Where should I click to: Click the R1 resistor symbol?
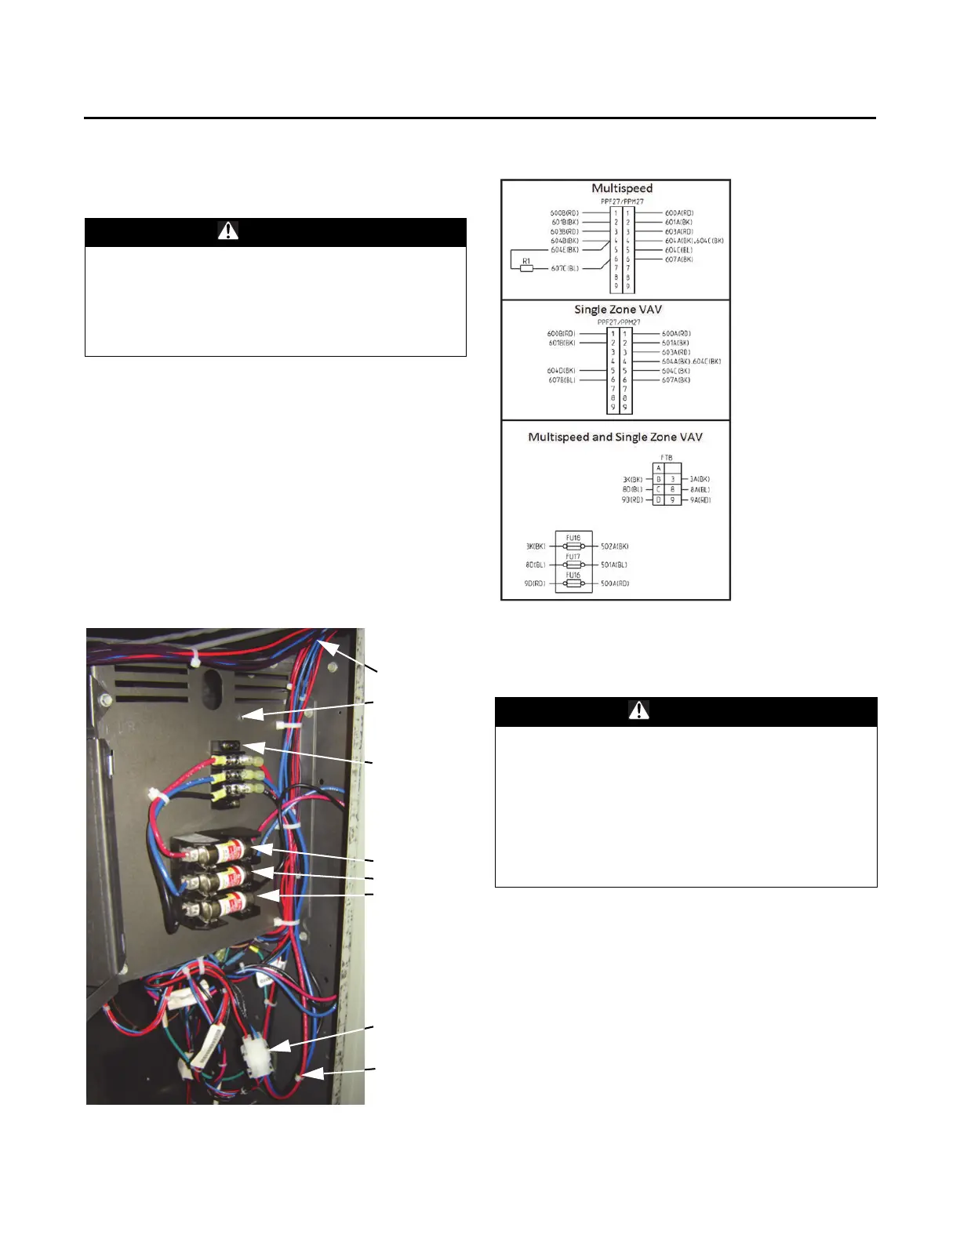click(x=526, y=268)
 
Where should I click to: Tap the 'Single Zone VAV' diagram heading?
click(x=618, y=310)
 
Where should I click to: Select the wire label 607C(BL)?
click(x=565, y=268)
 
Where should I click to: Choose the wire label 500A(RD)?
click(x=615, y=583)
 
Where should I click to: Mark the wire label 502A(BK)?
click(x=615, y=546)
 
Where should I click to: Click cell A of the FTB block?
click(x=659, y=468)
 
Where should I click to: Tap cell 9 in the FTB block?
click(x=672, y=499)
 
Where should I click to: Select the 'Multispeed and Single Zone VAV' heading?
click(x=615, y=437)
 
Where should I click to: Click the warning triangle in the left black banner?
click(x=227, y=231)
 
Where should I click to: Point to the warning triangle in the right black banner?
click(x=638, y=710)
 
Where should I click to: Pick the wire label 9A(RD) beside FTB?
click(x=700, y=499)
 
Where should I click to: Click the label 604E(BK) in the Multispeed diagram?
click(x=565, y=250)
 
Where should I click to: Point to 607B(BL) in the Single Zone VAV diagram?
click(x=562, y=380)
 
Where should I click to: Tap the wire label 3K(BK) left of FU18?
click(x=535, y=546)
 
